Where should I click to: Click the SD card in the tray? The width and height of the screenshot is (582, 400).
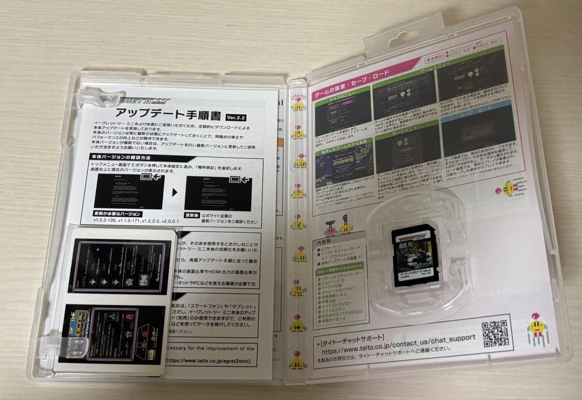click(x=414, y=255)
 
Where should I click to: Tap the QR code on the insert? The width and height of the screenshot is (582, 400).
click(x=495, y=333)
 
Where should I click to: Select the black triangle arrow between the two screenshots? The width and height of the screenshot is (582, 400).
click(x=175, y=191)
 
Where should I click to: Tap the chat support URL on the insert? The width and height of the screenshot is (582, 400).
click(x=399, y=339)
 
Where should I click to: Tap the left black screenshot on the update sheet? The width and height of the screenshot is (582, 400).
click(x=129, y=191)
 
